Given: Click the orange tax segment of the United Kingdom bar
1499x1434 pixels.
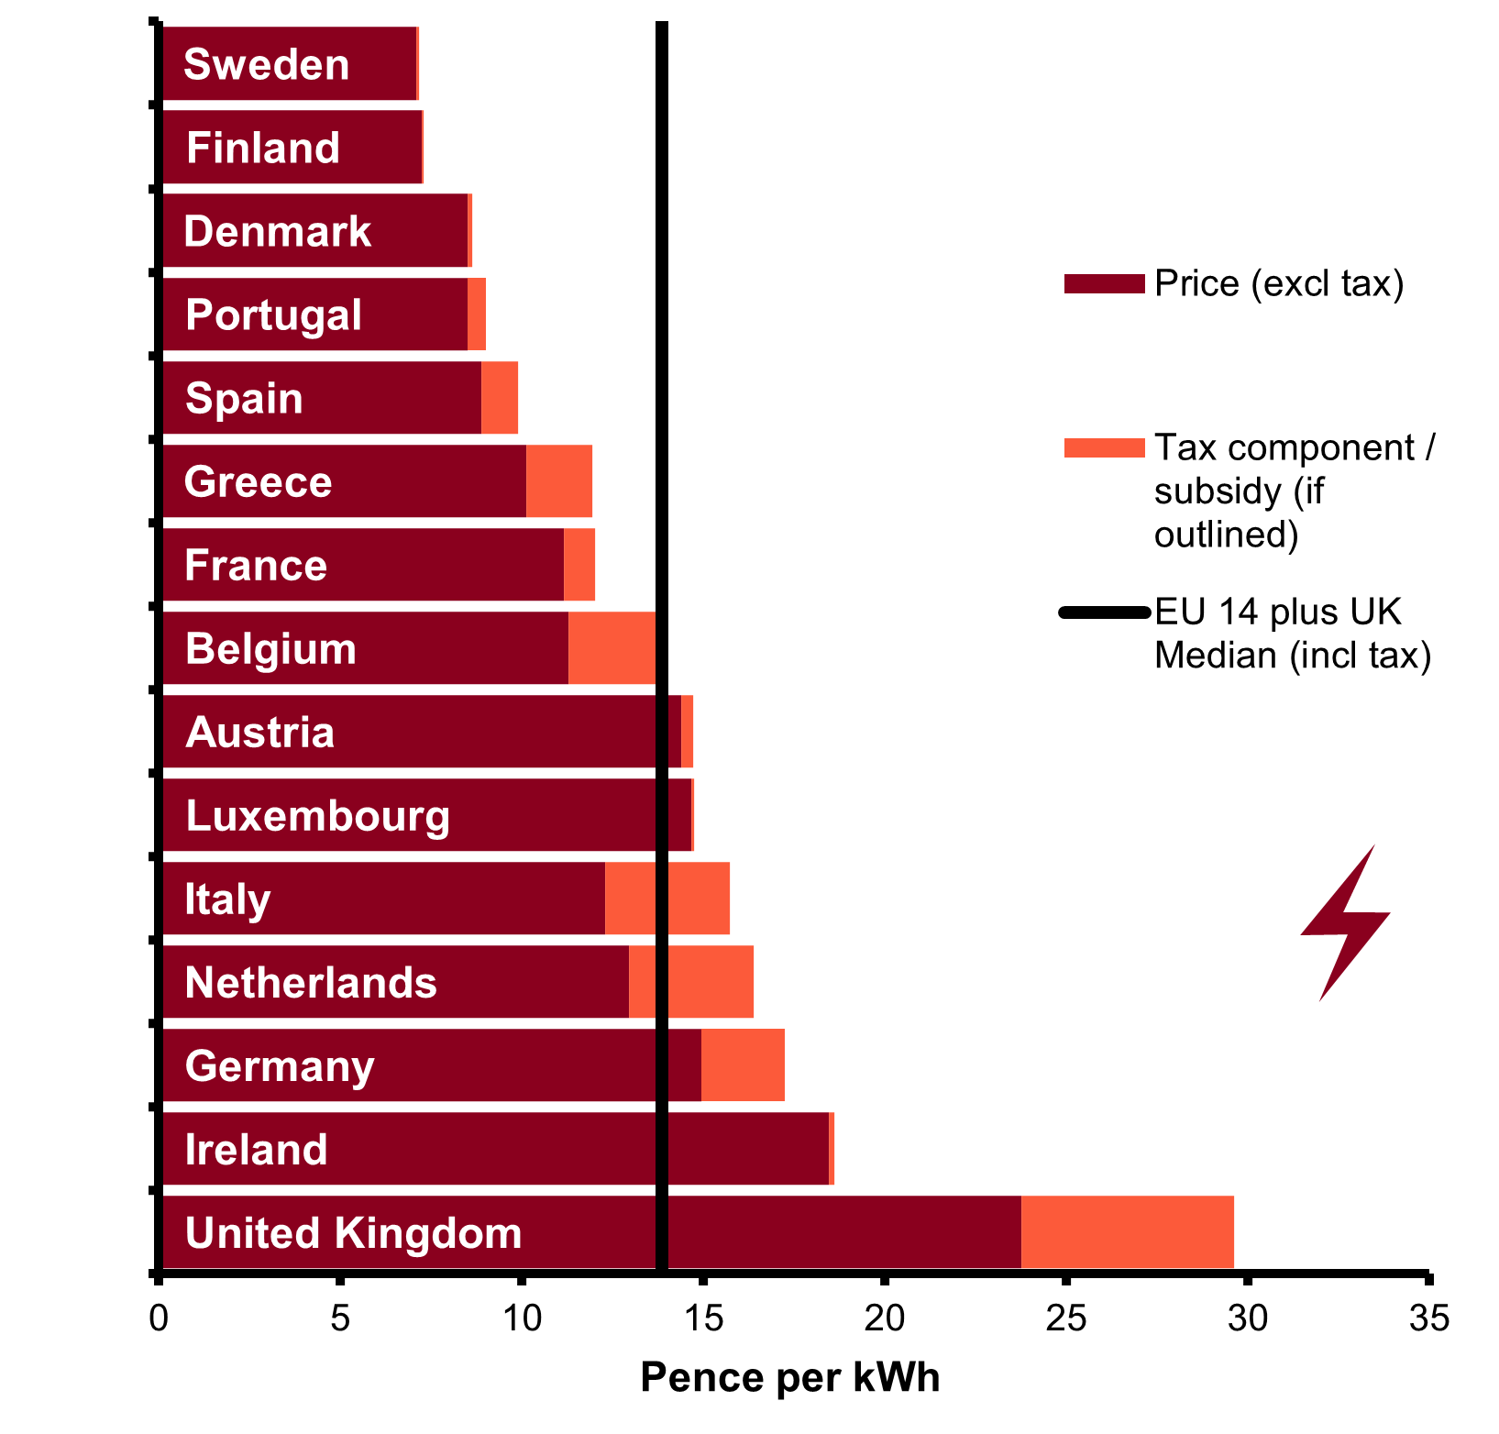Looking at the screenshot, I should tap(1127, 1232).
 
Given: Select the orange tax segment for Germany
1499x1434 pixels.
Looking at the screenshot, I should tap(743, 1065).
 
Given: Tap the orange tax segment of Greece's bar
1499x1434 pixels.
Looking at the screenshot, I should tap(559, 481).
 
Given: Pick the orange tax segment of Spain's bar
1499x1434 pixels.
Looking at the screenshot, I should tap(500, 398).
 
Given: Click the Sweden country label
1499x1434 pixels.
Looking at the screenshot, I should tap(266, 64).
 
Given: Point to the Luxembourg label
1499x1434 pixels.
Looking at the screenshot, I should tap(317, 816).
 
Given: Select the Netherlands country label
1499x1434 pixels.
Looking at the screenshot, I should tap(311, 983).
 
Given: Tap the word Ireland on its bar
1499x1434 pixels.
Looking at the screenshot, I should tap(256, 1150).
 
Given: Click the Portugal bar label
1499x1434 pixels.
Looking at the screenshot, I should tap(273, 314).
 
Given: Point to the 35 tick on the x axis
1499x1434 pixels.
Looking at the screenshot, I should tap(1428, 1318).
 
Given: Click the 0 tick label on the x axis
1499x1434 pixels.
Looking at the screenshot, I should tap(160, 1318).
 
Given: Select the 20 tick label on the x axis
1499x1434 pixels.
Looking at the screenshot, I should tap(884, 1318).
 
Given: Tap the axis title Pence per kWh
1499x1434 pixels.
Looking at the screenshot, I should tap(790, 1377).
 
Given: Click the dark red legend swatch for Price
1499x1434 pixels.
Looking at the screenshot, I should tap(1104, 284).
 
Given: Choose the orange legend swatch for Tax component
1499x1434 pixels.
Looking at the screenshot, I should tap(1104, 448).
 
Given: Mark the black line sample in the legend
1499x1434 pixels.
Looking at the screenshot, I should tap(1104, 612).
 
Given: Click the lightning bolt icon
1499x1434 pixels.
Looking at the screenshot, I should tap(1345, 921).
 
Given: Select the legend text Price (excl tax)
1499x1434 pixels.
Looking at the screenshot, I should tap(1279, 284).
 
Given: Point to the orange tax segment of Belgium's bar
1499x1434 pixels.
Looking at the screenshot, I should tap(612, 648).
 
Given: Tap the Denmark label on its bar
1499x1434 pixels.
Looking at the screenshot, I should tap(277, 231).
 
